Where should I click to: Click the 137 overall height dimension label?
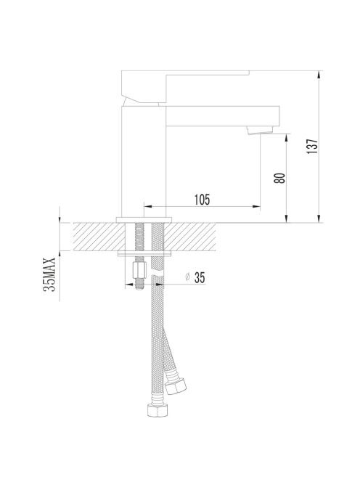point(312,147)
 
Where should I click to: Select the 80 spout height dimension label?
point(279,179)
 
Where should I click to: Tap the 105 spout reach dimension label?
point(202,200)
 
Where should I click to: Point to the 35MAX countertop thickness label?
point(49,274)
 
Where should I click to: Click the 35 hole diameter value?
point(200,278)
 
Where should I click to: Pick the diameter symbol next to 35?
point(187,277)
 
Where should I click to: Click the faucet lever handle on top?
point(185,87)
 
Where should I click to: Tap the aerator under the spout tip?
point(260,130)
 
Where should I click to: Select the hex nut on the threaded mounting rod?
point(139,269)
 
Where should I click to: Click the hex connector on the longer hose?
point(157,409)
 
